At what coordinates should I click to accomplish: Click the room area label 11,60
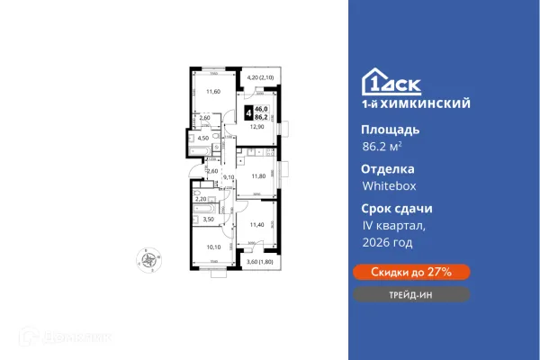[x=212, y=91]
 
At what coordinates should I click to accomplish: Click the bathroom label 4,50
[x=203, y=138]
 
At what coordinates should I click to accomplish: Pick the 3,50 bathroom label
[x=207, y=219]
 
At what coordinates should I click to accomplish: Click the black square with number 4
[x=248, y=114]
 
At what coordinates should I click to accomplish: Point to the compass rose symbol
[x=146, y=261]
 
